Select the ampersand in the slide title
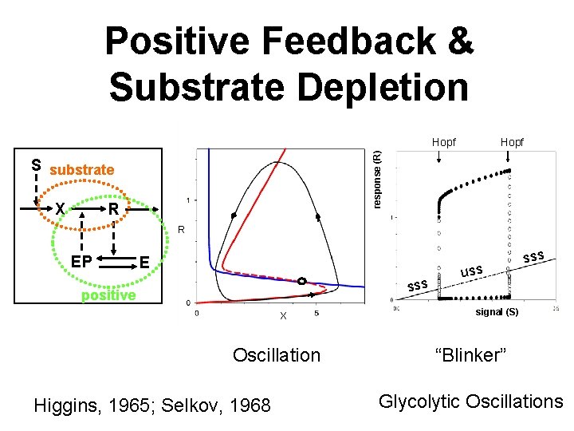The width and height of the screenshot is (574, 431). (x=458, y=40)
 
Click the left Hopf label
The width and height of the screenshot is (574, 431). (x=444, y=143)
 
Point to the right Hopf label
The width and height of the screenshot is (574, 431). (x=512, y=143)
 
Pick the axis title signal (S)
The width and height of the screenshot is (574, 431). (x=497, y=312)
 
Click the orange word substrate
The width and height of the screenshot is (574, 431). (x=81, y=170)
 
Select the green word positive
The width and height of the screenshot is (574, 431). (x=109, y=295)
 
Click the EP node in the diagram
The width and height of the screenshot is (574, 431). (x=81, y=261)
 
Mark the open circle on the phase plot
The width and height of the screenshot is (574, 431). (x=301, y=281)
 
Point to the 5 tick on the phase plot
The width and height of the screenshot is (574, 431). (x=317, y=312)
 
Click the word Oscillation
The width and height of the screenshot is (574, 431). (x=276, y=354)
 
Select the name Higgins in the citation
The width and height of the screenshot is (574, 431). (x=69, y=406)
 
